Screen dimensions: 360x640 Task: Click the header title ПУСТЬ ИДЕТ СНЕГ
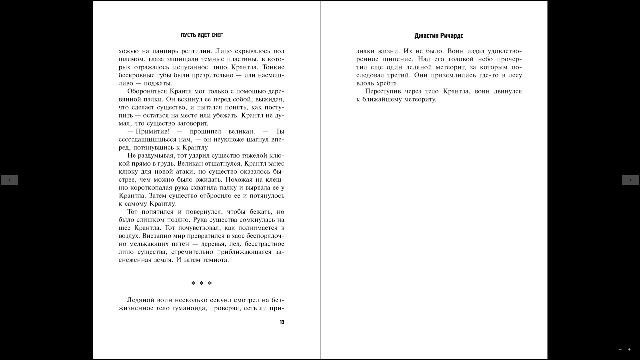[202, 35]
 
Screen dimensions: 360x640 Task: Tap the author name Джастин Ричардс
[438, 36]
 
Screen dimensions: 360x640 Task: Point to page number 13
[282, 322]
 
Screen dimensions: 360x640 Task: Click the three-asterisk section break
[201, 283]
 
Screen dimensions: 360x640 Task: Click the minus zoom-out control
[620, 349]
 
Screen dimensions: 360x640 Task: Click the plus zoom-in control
[629, 349]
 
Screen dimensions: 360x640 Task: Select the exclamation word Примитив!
[152, 131]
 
